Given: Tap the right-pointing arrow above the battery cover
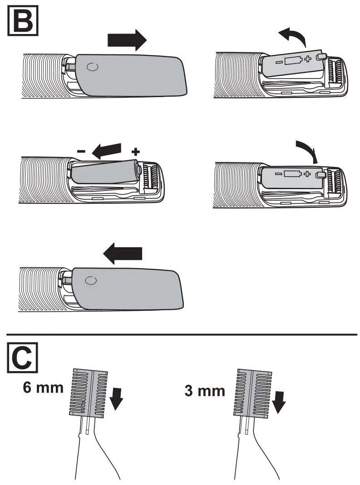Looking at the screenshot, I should (127, 40).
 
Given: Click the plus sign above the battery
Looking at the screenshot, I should (135, 151).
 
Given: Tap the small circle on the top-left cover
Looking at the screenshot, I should (92, 67).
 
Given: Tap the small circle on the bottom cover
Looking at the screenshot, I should (91, 280).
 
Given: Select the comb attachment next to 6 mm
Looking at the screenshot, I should (88, 393).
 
